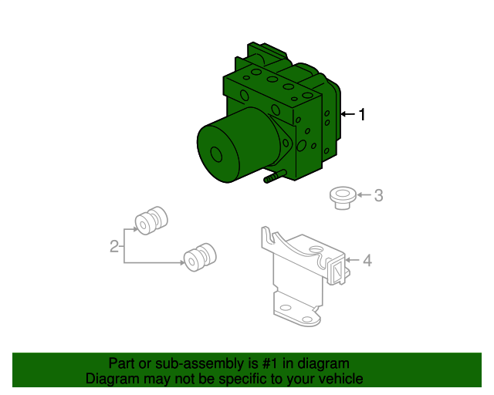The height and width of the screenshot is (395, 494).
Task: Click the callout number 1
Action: pyautogui.click(x=362, y=114)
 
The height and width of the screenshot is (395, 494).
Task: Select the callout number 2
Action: pyautogui.click(x=114, y=246)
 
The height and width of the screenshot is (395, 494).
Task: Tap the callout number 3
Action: pyautogui.click(x=378, y=195)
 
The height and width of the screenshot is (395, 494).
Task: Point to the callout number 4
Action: pyautogui.click(x=367, y=261)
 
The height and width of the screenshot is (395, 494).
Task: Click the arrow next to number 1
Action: pyautogui.click(x=347, y=113)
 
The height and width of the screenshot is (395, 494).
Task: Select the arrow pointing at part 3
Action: pyautogui.click(x=364, y=195)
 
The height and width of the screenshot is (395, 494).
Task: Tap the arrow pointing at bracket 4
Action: pyautogui.click(x=352, y=260)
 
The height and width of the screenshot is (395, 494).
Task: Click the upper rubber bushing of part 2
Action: pyautogui.click(x=151, y=221)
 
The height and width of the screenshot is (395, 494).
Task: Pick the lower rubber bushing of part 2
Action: pyautogui.click(x=200, y=257)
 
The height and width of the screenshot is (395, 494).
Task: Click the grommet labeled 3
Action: pyautogui.click(x=343, y=198)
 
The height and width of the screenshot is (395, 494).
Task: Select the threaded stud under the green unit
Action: pyautogui.click(x=275, y=177)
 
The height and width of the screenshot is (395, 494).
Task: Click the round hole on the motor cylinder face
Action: pyautogui.click(x=216, y=154)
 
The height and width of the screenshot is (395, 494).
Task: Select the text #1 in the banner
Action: pyautogui.click(x=270, y=363)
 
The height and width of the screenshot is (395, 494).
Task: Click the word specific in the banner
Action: pyautogui.click(x=245, y=379)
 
